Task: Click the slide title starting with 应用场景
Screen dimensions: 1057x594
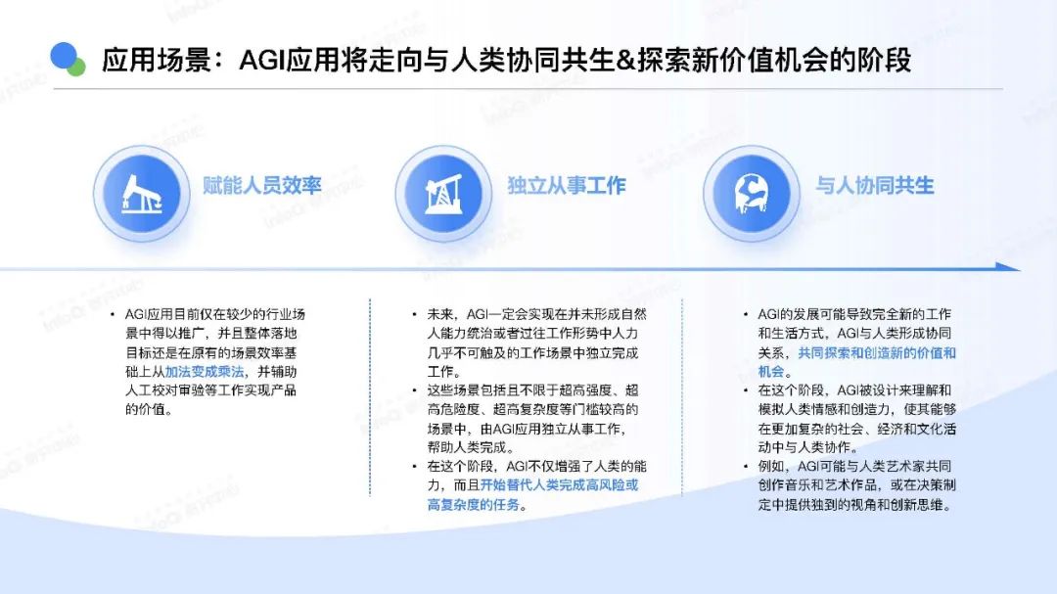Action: (x=506, y=60)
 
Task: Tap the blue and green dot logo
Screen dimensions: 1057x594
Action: (x=68, y=59)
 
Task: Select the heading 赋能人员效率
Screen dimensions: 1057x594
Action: (x=262, y=185)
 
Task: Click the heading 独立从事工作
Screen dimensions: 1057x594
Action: (x=567, y=185)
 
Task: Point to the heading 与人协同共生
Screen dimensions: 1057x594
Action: (x=874, y=185)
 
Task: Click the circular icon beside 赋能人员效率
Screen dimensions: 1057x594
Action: (x=142, y=194)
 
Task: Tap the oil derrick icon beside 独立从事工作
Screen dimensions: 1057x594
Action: (x=443, y=194)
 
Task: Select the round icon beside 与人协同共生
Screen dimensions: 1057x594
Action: (x=752, y=194)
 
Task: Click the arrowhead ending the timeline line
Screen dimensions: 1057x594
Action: (x=1008, y=267)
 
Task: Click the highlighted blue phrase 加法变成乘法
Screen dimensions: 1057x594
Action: (x=205, y=372)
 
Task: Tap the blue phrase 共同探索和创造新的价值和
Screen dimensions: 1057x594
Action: (x=877, y=352)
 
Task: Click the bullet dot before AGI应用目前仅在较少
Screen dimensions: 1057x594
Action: (x=113, y=315)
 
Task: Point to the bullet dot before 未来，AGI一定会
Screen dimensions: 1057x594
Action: (x=415, y=315)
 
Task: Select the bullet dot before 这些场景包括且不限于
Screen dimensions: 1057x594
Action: (x=415, y=390)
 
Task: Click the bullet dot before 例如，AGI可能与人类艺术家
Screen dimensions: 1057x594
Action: (x=746, y=467)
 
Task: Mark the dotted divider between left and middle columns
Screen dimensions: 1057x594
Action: (x=370, y=398)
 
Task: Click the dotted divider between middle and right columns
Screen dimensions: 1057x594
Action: (x=682, y=398)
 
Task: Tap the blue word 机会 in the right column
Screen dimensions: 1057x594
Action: (x=771, y=372)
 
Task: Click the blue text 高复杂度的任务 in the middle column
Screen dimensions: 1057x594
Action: (x=474, y=504)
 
